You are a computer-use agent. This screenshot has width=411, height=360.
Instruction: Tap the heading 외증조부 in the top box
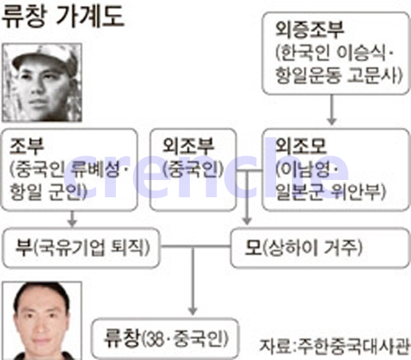pyautogui.click(x=310, y=30)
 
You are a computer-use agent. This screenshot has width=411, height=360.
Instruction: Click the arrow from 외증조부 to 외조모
pyautogui.click(x=332, y=109)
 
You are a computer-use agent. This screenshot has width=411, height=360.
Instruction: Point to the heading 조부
pyautogui.click(x=26, y=145)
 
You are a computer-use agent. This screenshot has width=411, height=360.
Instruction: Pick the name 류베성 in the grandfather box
pyautogui.click(x=95, y=168)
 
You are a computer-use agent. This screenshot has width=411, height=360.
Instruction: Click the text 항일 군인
pyautogui.click(x=47, y=191)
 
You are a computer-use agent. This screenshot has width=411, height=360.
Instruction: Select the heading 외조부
pyautogui.click(x=188, y=145)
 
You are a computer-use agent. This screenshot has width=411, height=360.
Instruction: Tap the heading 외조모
pyautogui.click(x=301, y=145)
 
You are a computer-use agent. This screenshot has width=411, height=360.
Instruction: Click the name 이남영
pyautogui.click(x=305, y=169)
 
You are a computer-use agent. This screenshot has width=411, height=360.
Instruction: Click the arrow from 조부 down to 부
pyautogui.click(x=72, y=219)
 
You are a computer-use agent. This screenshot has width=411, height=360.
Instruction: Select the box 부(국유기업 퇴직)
pyautogui.click(x=81, y=247)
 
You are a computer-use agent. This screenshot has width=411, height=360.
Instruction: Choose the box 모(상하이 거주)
pyautogui.click(x=320, y=247)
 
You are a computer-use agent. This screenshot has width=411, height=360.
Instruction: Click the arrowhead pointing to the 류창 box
pyautogui.click(x=193, y=311)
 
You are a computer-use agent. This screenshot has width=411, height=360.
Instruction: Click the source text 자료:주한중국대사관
pyautogui.click(x=335, y=346)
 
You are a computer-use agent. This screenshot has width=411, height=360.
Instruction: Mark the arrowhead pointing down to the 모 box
pyautogui.click(x=247, y=221)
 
